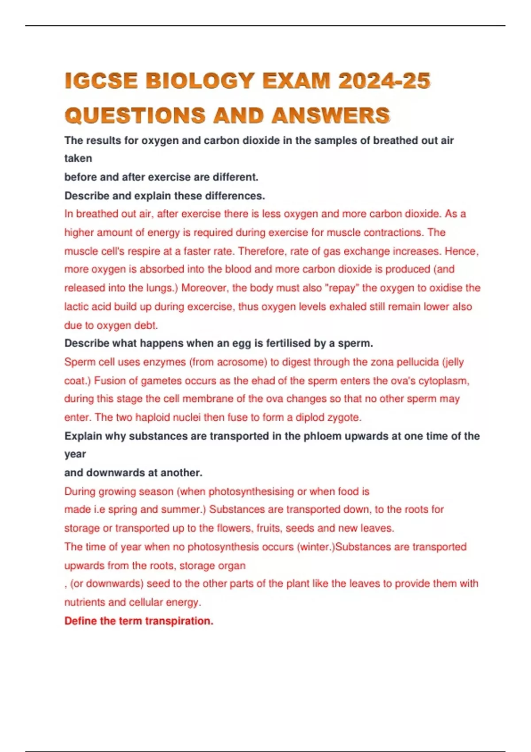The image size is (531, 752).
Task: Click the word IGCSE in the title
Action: coord(100,81)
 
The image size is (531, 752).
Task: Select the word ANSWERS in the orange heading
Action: coord(331,116)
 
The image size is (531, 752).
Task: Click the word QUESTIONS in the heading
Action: coord(135,116)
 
